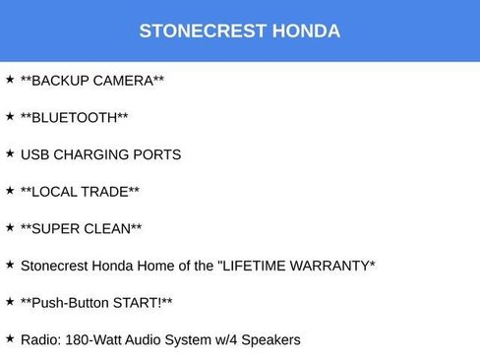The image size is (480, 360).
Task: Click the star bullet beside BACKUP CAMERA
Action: pos(10,79)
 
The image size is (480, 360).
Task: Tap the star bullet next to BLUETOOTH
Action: pos(10,116)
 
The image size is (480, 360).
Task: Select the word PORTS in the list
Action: pos(159,154)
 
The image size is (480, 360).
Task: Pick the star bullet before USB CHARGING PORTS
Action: pos(10,153)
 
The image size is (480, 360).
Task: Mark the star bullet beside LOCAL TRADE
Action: pos(10,190)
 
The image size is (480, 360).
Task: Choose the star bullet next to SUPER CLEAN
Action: pos(10,227)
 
